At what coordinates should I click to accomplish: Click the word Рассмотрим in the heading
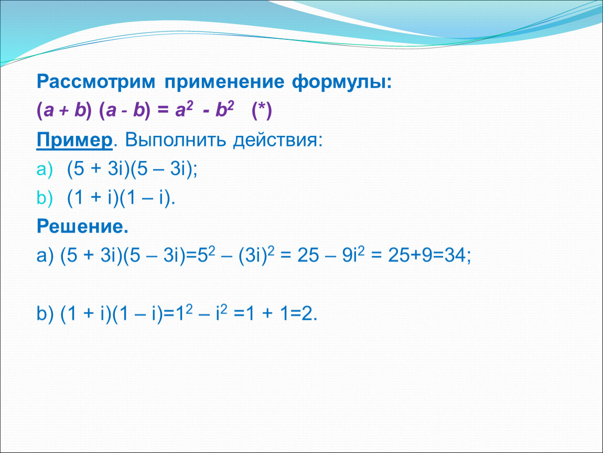[x=96, y=82]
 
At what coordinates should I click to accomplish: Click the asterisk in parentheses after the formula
[x=262, y=111]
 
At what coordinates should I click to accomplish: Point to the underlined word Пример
[x=74, y=139]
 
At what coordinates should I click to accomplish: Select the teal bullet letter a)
[x=45, y=169]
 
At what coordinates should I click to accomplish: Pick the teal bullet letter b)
[x=45, y=198]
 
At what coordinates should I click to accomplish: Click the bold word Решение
[x=82, y=226]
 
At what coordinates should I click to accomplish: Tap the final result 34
[x=455, y=255]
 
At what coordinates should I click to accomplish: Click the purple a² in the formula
[x=184, y=110]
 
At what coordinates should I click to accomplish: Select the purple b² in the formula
[x=224, y=110]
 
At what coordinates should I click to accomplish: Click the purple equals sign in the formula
[x=163, y=111]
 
